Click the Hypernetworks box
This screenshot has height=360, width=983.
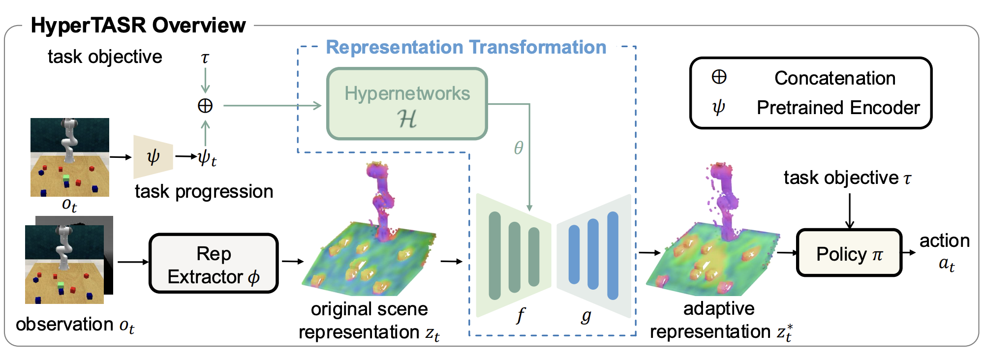point(407,104)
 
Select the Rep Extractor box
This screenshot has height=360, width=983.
point(214,264)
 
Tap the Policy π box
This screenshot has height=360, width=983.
point(849,253)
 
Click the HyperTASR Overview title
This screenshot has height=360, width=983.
point(138,25)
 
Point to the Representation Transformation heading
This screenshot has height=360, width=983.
point(466,47)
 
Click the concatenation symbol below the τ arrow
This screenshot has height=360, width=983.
point(205,105)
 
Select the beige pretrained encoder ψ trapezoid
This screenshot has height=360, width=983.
point(153,157)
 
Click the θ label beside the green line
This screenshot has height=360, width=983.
point(519,148)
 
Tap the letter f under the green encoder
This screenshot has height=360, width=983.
point(521,315)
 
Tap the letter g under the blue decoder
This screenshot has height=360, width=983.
point(585,315)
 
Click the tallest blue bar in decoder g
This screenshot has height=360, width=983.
point(613,255)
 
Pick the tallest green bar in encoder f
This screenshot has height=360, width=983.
point(494,255)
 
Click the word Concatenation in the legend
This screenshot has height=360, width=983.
point(834,78)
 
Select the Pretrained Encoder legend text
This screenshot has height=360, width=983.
point(838,108)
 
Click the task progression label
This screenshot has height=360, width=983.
point(204,191)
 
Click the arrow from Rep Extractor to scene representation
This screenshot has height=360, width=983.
point(292,262)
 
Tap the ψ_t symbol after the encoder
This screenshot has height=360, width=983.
point(207,157)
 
